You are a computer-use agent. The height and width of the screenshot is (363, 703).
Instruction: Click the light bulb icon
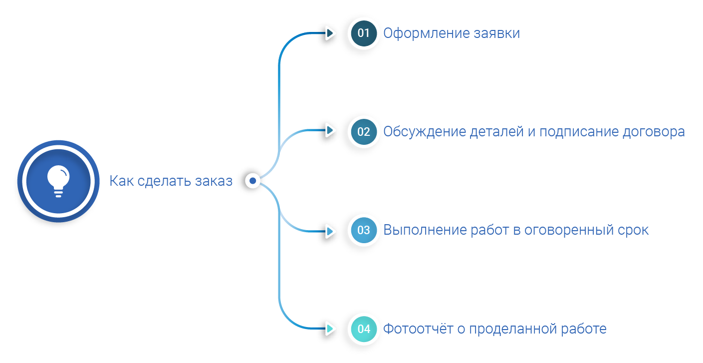point(58,181)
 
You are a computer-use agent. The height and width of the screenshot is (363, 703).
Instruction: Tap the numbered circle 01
point(363,33)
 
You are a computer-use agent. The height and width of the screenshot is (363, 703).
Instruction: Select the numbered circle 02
point(363,132)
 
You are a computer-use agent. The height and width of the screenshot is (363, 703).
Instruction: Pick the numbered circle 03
point(363,230)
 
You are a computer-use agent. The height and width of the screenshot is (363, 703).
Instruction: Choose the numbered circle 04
point(363,329)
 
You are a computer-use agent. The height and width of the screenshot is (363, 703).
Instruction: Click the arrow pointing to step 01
point(330,33)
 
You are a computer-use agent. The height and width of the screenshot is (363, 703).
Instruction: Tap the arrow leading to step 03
point(330,231)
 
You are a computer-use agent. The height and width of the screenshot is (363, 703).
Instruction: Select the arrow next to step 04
point(330,329)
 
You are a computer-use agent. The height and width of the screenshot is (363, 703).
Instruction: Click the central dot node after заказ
point(253,180)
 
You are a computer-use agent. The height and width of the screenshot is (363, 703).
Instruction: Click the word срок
point(635,230)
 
